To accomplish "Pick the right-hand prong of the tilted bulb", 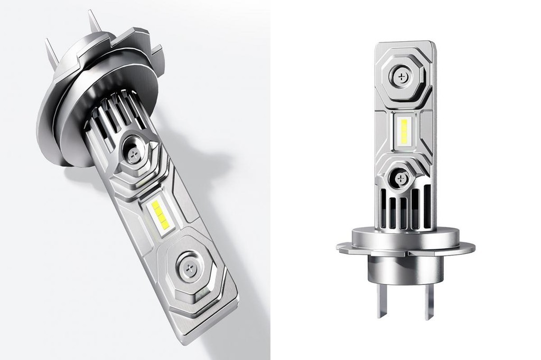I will click(x=94, y=22).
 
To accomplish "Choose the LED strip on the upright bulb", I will click(x=405, y=132).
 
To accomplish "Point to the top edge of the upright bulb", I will click(x=406, y=42).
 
